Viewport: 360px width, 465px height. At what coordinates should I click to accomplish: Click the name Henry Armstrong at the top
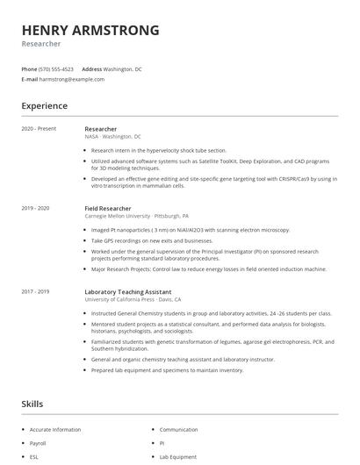(x=90, y=30)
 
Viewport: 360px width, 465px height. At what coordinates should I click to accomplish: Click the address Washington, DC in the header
(x=123, y=68)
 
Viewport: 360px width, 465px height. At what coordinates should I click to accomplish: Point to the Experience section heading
(x=44, y=106)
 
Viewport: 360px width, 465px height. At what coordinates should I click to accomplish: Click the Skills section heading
(x=32, y=404)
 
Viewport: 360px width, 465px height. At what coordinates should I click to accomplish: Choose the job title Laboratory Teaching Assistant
(x=128, y=290)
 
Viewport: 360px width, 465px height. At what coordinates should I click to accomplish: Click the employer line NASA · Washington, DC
(x=112, y=137)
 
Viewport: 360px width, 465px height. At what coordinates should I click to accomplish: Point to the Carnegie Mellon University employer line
(x=136, y=216)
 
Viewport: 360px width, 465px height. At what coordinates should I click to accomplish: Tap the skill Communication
(x=178, y=430)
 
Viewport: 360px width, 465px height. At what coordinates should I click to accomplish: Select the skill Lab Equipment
(x=178, y=457)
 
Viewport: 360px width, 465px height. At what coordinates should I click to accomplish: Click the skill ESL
(x=35, y=457)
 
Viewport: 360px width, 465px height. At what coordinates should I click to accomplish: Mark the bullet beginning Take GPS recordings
(x=152, y=240)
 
